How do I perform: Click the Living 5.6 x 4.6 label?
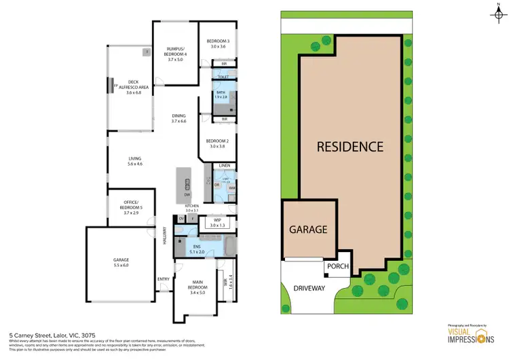point(135,161)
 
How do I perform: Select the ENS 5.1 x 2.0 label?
point(197,248)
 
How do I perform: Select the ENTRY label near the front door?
point(164,279)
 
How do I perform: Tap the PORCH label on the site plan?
point(337,266)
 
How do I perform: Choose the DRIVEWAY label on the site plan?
point(309,289)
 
